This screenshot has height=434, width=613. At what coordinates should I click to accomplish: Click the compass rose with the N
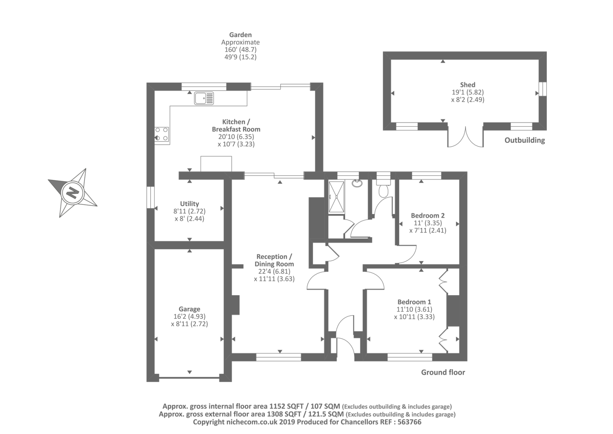coord(72,192)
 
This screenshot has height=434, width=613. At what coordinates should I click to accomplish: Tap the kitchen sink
coord(204,98)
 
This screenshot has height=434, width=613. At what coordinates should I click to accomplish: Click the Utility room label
coord(189,204)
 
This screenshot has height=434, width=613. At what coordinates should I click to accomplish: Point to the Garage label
coord(189,309)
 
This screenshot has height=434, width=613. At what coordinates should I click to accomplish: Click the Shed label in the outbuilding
coord(467,85)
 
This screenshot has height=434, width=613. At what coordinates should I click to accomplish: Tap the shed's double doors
coord(465,137)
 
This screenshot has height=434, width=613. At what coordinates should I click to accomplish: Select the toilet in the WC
coord(383,189)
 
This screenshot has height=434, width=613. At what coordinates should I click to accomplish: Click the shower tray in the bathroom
coord(336,197)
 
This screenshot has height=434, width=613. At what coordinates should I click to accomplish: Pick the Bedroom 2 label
coord(428,216)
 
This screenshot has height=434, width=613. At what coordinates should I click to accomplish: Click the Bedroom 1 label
coord(414,302)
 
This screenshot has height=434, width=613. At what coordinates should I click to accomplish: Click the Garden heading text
coord(240,35)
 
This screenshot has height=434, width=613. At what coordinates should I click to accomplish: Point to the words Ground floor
coord(443,372)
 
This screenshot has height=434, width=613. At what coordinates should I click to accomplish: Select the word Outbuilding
coord(524,140)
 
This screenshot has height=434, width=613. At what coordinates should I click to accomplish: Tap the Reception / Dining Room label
coord(274,260)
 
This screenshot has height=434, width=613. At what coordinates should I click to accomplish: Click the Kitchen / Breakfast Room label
coord(236,125)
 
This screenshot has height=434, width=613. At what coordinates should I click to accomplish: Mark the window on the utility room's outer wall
coord(151,198)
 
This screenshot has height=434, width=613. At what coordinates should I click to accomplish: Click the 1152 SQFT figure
coord(287,406)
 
